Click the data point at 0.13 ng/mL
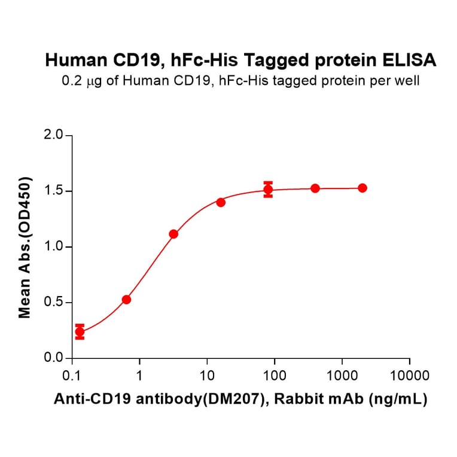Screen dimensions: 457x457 click(x=80, y=332)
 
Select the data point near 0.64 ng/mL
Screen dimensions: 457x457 click(x=126, y=300)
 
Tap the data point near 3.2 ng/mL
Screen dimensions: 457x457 click(x=173, y=234)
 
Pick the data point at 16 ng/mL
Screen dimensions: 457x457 click(x=221, y=202)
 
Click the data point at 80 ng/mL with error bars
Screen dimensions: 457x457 click(x=268, y=190)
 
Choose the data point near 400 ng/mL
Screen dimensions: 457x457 click(x=315, y=188)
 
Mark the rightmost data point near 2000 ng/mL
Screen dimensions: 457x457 click(x=362, y=188)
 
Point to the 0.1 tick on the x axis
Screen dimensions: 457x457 click(x=72, y=376)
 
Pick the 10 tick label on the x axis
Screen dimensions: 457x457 click(x=207, y=376)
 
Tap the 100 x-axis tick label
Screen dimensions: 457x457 click(x=275, y=376)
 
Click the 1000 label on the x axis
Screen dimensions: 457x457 click(x=342, y=376)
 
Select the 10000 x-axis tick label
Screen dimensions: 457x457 click(x=409, y=376)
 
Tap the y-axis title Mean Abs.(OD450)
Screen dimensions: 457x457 click(x=25, y=247)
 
